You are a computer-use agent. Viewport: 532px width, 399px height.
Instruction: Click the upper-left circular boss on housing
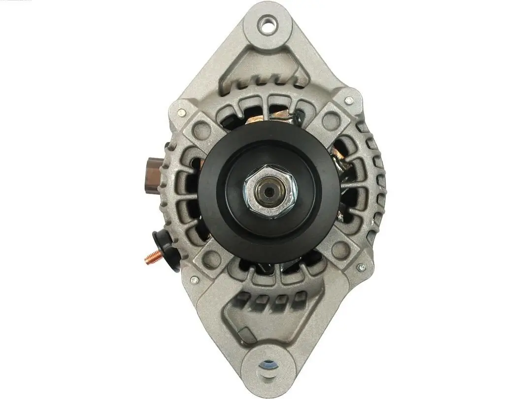coord(202,129)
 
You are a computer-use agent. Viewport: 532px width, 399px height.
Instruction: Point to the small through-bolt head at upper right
coord(349,100)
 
